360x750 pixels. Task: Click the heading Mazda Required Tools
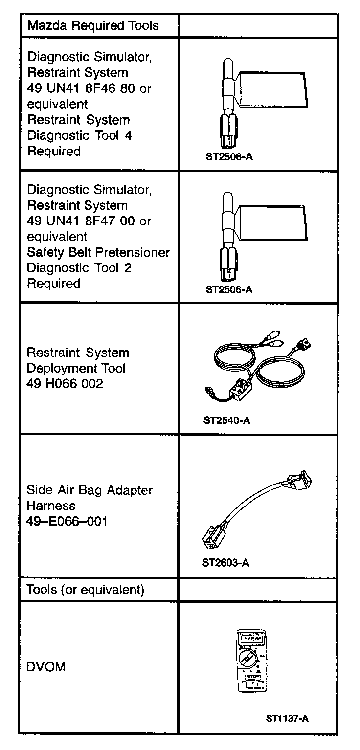tap(93, 26)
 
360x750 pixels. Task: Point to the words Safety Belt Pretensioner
tap(98, 252)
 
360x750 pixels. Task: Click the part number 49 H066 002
tap(65, 384)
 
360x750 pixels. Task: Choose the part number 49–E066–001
tap(67, 521)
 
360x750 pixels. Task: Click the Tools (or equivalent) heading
tap(86, 590)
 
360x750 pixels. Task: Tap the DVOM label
tap(46, 667)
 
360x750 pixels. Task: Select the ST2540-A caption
tap(226, 420)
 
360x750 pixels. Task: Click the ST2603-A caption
tap(225, 563)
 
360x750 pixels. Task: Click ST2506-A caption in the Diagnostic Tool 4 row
tap(229, 157)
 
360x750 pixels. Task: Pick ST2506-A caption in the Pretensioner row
tap(229, 289)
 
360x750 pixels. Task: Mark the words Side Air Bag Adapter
tap(90, 490)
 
